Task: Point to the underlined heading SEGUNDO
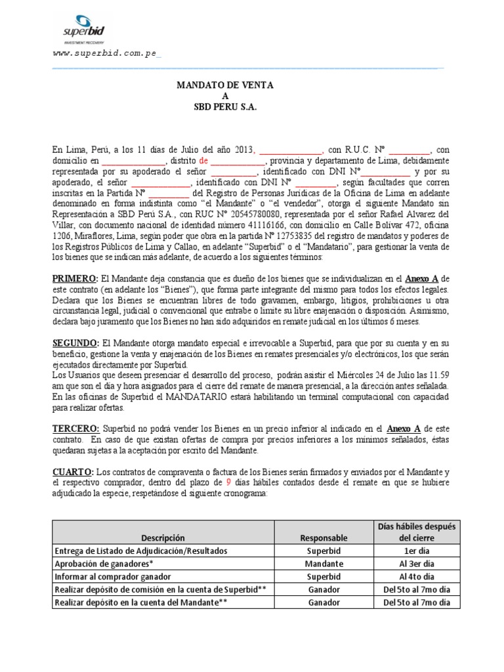75,343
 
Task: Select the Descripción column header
150,537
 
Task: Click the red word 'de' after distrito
203,159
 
